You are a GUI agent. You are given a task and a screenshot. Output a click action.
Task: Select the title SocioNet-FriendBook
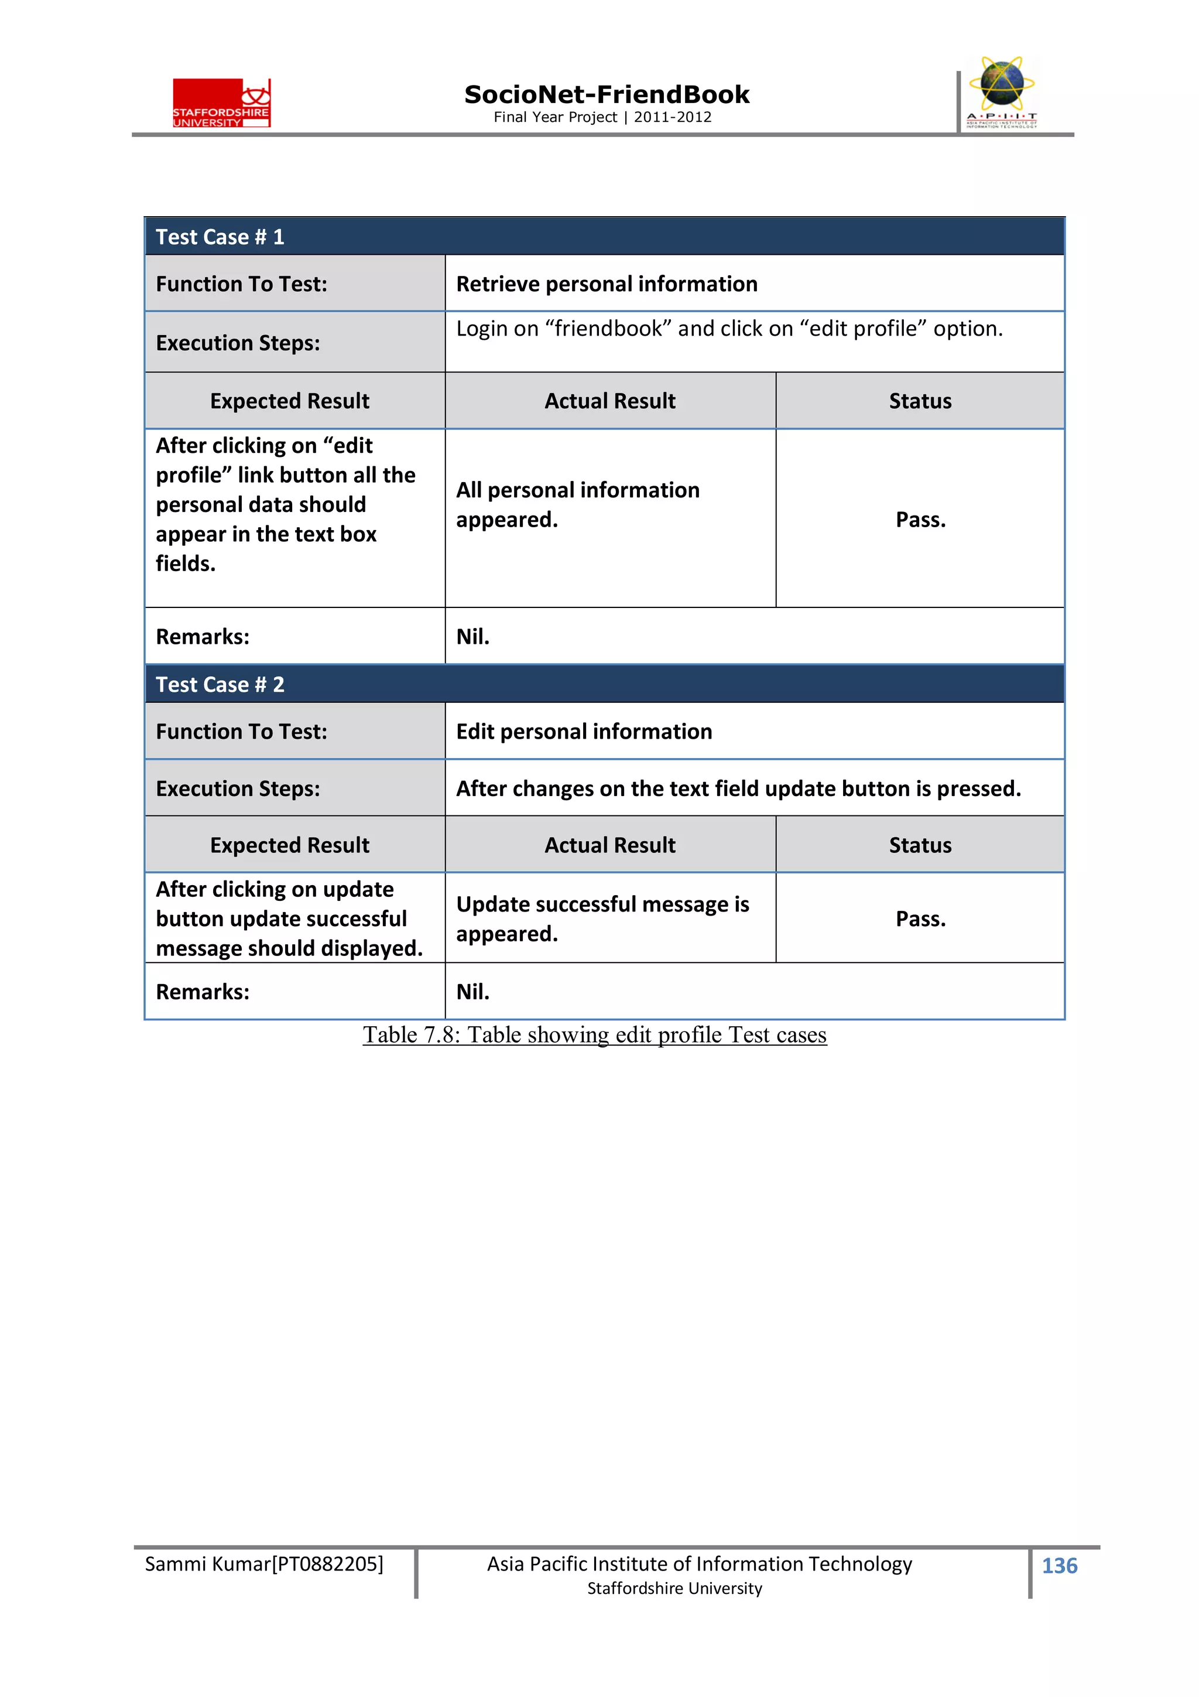click(607, 95)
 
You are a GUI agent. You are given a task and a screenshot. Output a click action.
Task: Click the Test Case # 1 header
click(220, 237)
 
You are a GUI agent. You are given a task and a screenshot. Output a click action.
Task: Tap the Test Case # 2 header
click(220, 684)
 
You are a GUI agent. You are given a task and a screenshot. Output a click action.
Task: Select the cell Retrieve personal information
click(607, 285)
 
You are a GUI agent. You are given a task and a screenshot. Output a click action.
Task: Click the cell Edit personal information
click(584, 732)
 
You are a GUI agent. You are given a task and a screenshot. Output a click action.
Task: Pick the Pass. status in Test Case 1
click(920, 520)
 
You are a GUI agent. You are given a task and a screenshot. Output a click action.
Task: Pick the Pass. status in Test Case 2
click(920, 919)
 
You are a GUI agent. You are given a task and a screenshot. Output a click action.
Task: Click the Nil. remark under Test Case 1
click(473, 636)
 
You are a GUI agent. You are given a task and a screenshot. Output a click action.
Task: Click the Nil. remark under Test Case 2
click(473, 992)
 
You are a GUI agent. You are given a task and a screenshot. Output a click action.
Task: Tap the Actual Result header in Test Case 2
click(609, 845)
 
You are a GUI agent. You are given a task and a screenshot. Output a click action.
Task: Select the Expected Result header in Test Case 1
click(290, 401)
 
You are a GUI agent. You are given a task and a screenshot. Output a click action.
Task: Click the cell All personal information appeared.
click(577, 505)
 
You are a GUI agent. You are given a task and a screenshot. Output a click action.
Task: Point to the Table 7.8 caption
click(594, 1034)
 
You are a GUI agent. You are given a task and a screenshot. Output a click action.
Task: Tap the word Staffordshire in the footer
click(634, 1589)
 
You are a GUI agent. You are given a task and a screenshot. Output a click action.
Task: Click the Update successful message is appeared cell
click(602, 919)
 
